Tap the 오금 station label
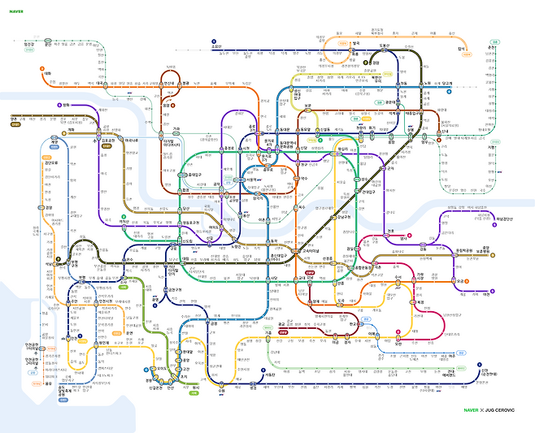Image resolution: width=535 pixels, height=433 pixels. point(460,281)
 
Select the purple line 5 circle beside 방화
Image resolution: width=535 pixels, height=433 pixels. point(59,105)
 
